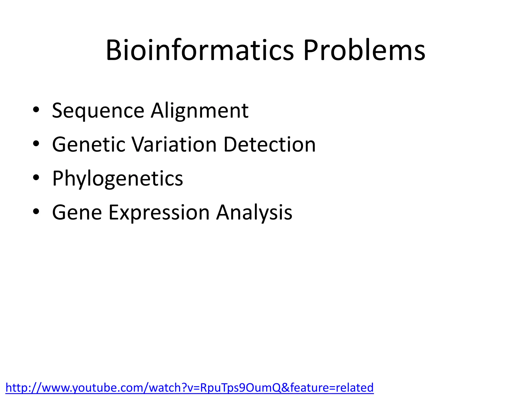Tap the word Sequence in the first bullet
(98, 111)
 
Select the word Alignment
(200, 111)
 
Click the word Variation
(174, 145)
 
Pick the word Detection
(269, 145)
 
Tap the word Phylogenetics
(117, 179)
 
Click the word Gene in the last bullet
(77, 212)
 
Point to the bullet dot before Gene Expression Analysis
(36, 211)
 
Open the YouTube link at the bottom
(189, 388)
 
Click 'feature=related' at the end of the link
(332, 388)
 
